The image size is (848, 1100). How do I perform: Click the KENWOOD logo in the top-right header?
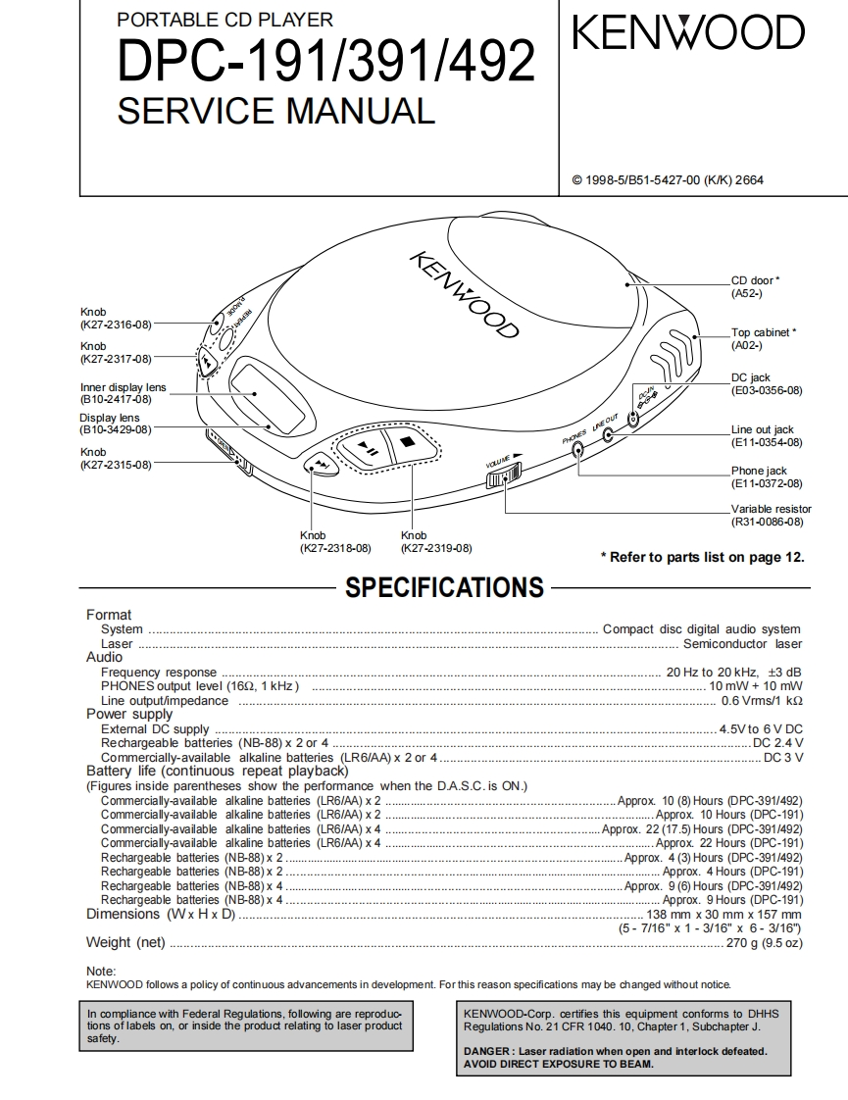click(688, 35)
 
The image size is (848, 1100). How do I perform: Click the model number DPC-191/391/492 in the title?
click(326, 62)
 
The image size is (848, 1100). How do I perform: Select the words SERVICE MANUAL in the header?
click(275, 110)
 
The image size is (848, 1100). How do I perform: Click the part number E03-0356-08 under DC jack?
click(767, 390)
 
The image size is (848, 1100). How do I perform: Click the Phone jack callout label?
click(759, 471)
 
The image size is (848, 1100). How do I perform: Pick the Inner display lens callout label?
click(124, 387)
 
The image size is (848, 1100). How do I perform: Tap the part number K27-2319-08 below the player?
click(436, 548)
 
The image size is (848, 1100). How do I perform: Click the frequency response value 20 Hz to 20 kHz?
click(712, 673)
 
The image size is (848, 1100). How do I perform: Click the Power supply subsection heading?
click(128, 714)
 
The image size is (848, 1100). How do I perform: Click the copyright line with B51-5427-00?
click(667, 179)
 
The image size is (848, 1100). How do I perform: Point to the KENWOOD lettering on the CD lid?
click(462, 293)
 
